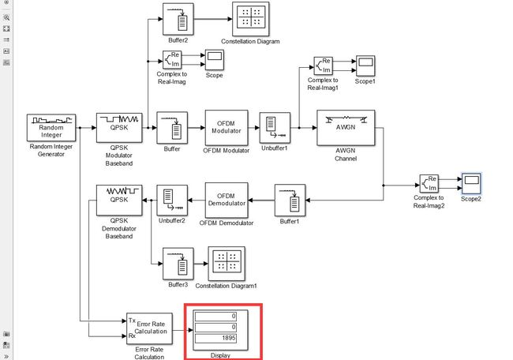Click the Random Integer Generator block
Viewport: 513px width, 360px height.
coord(51,128)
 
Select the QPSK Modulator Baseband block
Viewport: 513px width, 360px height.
coord(119,128)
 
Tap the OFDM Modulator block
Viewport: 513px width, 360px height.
coord(227,128)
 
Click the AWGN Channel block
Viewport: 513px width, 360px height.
coord(346,128)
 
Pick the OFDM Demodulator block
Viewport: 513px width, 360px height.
coord(227,200)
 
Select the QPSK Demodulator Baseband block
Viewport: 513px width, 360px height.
coord(119,200)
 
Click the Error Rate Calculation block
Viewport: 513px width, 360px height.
coord(149,328)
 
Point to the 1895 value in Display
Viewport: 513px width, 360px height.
coord(229,338)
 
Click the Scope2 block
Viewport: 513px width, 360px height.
coord(471,184)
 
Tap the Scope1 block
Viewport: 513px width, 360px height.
coord(365,66)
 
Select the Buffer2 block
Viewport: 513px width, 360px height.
coord(178,19)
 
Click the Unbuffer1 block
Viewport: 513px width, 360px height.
coord(275,128)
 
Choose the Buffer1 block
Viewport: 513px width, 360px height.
coord(290,201)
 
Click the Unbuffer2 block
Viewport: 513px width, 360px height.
coord(172,201)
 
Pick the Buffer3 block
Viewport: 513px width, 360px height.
coord(178,264)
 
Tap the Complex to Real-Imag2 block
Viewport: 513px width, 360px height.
coord(429,184)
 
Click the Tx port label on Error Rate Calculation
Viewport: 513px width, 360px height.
coord(132,321)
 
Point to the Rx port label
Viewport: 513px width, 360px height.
coord(132,336)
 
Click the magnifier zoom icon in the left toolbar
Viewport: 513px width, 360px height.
coord(6,17)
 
